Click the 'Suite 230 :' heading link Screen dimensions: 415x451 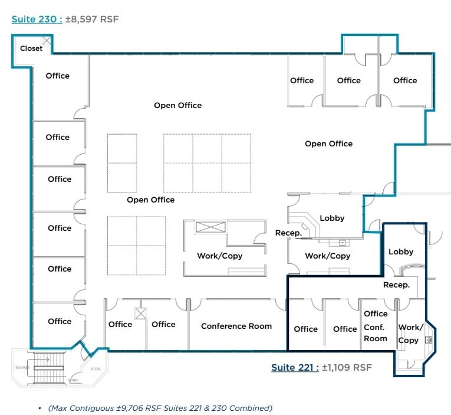(x=37, y=19)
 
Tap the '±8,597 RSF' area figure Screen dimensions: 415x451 (x=92, y=19)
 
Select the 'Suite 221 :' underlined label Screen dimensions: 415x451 (x=295, y=367)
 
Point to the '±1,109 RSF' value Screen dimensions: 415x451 (x=347, y=367)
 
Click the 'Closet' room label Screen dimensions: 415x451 (x=31, y=48)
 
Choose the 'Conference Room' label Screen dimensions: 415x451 (x=236, y=326)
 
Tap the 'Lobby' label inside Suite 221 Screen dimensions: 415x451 (x=401, y=251)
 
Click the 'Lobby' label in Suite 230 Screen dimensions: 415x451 (x=332, y=218)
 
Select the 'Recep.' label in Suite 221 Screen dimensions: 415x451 (x=397, y=285)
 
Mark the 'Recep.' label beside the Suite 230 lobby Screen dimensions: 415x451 (x=288, y=233)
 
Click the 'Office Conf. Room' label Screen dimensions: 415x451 (x=376, y=326)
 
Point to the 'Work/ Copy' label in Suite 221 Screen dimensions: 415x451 (x=409, y=334)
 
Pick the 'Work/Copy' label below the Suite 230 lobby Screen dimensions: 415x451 (x=327, y=256)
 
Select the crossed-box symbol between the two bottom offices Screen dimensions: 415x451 (x=141, y=313)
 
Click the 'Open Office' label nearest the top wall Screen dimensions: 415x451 (x=177, y=105)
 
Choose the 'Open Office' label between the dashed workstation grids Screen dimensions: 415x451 (x=150, y=200)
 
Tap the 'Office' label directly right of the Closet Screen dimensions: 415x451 (x=58, y=76)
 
